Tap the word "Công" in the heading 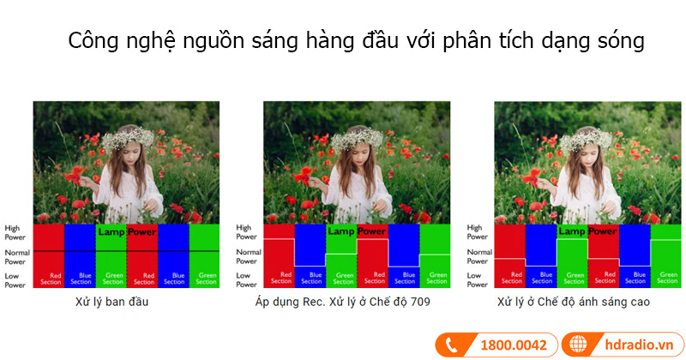pyautogui.click(x=93, y=41)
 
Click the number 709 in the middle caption pyautogui.click(x=418, y=302)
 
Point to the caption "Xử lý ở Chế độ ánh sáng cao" pyautogui.click(x=574, y=302)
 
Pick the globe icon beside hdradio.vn pyautogui.click(x=579, y=345)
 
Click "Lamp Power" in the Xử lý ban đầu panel pyautogui.click(x=126, y=231)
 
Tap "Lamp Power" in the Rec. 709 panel pyautogui.click(x=357, y=231)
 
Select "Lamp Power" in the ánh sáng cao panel pyautogui.click(x=587, y=231)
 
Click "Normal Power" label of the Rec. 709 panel pyautogui.click(x=248, y=256)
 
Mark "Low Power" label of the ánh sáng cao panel pyautogui.click(x=478, y=279)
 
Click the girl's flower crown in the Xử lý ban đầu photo pyautogui.click(x=127, y=137)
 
